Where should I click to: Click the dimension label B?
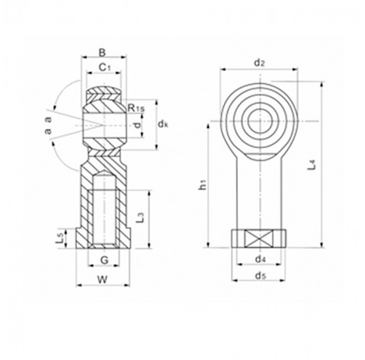click(x=102, y=53)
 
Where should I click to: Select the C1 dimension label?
click(x=105, y=68)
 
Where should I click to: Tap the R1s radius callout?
click(x=136, y=108)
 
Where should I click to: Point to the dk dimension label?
click(x=163, y=125)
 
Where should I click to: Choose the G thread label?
click(x=105, y=260)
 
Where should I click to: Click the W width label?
click(x=102, y=279)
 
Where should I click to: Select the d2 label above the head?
click(x=259, y=63)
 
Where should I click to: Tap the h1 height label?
click(x=203, y=185)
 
